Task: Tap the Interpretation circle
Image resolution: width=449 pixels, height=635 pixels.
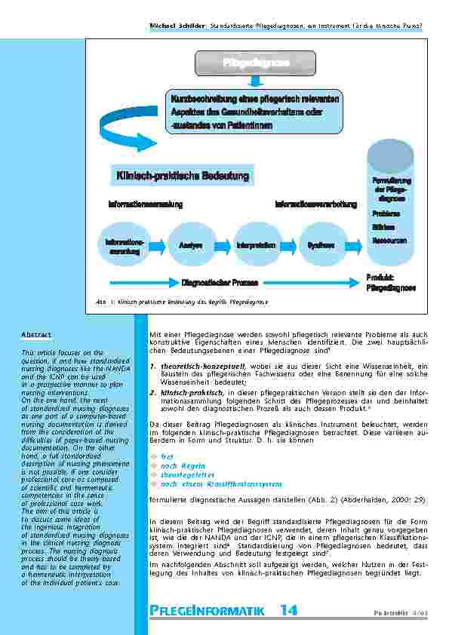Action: (255, 245)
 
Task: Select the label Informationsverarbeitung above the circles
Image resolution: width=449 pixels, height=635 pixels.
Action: (315, 204)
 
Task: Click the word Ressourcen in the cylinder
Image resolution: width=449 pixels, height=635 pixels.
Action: (390, 241)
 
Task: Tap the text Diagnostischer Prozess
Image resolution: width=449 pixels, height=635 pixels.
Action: (220, 283)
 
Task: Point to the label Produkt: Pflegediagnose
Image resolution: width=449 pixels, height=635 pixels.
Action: (390, 283)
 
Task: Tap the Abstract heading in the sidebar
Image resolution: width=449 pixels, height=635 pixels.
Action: (36, 333)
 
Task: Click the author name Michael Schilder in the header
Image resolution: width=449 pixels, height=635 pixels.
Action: (181, 25)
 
